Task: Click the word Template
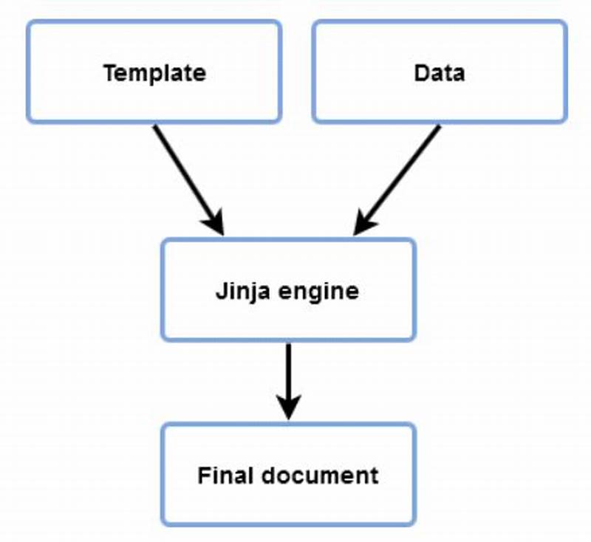tap(154, 73)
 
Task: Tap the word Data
tap(440, 73)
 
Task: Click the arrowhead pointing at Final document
tap(288, 408)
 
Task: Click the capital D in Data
tap(420, 73)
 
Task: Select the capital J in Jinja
tap(220, 291)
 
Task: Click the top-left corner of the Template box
tap(29, 22)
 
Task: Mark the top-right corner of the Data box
tap(565, 22)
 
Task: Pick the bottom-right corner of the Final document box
tap(414, 524)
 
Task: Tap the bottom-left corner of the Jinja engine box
tap(163, 339)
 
